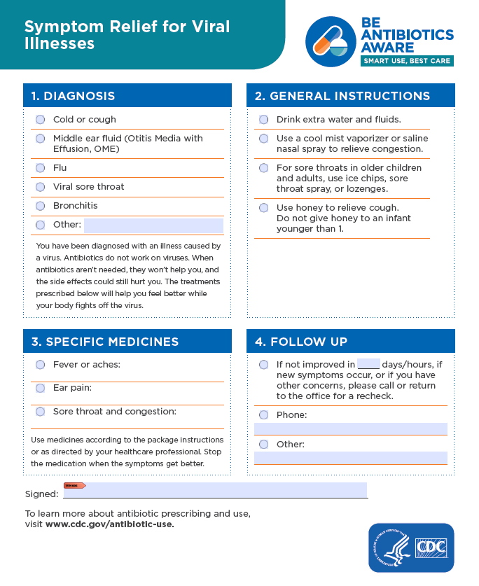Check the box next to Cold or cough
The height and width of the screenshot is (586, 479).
(x=40, y=120)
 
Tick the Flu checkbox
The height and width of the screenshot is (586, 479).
(x=40, y=168)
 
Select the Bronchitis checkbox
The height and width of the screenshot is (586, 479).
(x=40, y=206)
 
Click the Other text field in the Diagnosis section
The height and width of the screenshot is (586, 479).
(x=153, y=225)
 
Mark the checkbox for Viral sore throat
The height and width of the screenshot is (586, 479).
(x=40, y=187)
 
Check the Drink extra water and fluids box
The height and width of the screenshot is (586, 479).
(x=263, y=120)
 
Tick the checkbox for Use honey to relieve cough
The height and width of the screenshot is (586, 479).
(x=263, y=208)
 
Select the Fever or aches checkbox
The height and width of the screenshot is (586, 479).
(x=40, y=365)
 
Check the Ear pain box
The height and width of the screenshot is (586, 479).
(x=40, y=388)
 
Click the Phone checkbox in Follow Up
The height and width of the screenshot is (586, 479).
(x=263, y=415)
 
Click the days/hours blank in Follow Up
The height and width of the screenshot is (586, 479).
(x=368, y=364)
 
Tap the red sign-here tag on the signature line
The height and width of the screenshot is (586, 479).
(x=74, y=485)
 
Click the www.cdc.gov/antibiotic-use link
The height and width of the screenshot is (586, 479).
(x=110, y=524)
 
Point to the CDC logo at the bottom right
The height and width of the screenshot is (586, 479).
(x=411, y=547)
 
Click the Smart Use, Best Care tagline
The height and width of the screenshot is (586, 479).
(x=407, y=61)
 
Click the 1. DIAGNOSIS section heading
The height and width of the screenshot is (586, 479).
(x=74, y=96)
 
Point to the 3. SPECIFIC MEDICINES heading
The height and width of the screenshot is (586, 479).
(x=105, y=342)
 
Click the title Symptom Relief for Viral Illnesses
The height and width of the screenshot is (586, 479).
(x=127, y=35)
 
